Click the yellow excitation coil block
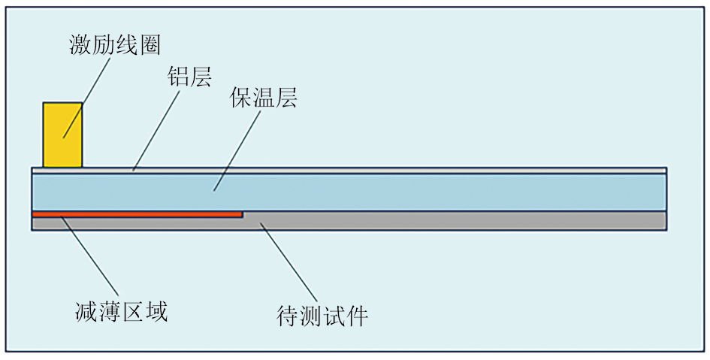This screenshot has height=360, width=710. coord(62,135)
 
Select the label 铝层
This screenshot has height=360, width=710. coord(189,77)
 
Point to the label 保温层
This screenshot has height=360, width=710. coord(263,98)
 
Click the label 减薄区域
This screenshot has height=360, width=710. coord(121,310)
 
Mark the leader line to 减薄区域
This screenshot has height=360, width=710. coord(89,256)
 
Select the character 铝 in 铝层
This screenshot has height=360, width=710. coord(177,77)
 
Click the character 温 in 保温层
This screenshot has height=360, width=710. coord(263,98)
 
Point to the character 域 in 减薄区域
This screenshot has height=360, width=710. coord(156,310)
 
